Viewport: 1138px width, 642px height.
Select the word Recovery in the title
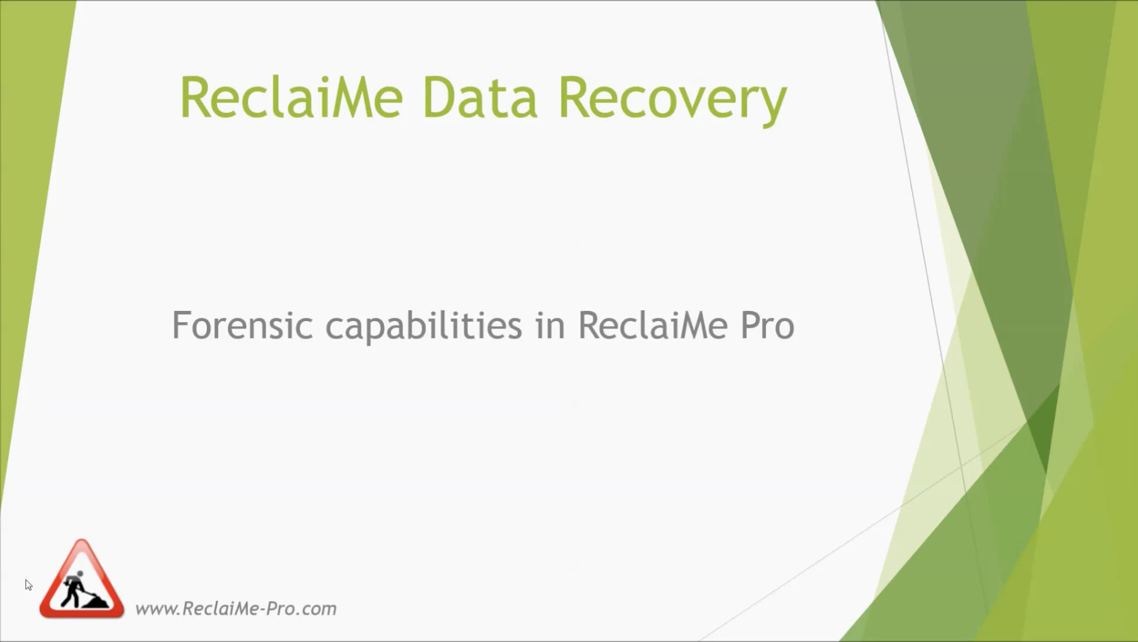pyautogui.click(x=673, y=101)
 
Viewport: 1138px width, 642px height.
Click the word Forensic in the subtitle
pyautogui.click(x=242, y=325)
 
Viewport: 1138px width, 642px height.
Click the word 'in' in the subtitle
pyautogui.click(x=550, y=325)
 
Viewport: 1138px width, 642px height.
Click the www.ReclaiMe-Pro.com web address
pyautogui.click(x=236, y=609)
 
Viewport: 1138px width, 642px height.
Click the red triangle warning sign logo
pyautogui.click(x=81, y=578)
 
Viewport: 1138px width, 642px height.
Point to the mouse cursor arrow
pyautogui.click(x=28, y=585)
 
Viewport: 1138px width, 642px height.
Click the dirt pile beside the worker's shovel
pyautogui.click(x=96, y=602)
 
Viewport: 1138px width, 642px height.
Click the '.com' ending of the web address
pyautogui.click(x=315, y=609)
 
